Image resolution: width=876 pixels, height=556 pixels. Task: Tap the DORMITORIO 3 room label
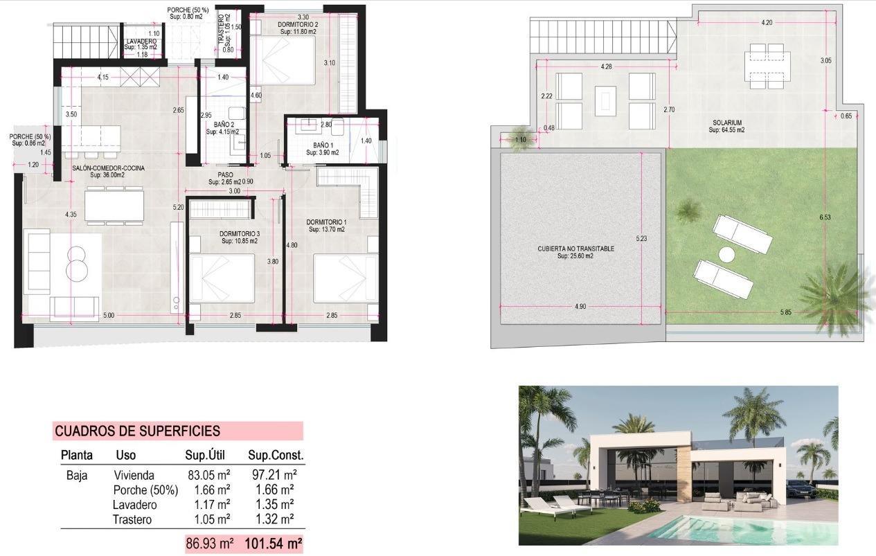(240, 234)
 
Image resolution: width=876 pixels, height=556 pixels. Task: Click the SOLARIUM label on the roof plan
(726, 123)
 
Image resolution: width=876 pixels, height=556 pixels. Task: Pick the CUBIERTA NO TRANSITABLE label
(576, 249)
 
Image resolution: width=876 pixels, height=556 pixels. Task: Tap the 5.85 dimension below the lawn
(785, 313)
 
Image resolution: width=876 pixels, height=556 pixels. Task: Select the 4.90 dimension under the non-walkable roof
(580, 307)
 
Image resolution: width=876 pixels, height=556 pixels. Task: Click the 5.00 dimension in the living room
(109, 316)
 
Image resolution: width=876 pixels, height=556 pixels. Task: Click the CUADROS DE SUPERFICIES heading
(137, 431)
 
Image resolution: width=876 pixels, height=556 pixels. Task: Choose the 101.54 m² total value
(274, 544)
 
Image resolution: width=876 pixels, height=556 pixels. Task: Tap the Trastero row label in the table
(132, 519)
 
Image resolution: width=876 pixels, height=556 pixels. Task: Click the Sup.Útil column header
(208, 456)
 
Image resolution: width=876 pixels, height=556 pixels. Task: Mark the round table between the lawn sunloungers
(726, 255)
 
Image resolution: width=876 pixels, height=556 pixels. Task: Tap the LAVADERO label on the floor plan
(141, 42)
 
